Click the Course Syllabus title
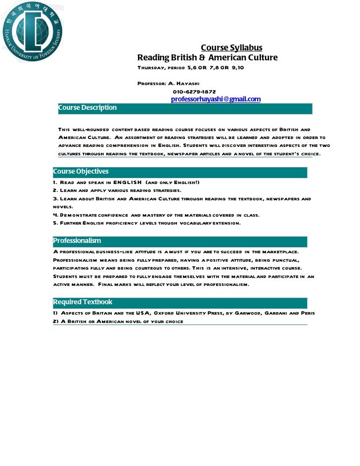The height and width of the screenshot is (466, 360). pyautogui.click(x=231, y=48)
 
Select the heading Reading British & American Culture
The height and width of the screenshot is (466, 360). pyautogui.click(x=207, y=58)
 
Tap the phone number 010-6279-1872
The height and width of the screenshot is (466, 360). pyautogui.click(x=194, y=92)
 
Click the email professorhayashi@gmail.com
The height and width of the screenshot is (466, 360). pyautogui.click(x=216, y=99)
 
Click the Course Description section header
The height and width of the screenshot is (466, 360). pyautogui.click(x=88, y=108)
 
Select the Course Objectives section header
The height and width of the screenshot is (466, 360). pyautogui.click(x=81, y=172)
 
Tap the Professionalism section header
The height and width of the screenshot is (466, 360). pyautogui.click(x=77, y=241)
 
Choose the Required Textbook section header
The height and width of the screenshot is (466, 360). pyautogui.click(x=83, y=302)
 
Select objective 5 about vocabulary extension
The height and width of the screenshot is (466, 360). pyautogui.click(x=147, y=223)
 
